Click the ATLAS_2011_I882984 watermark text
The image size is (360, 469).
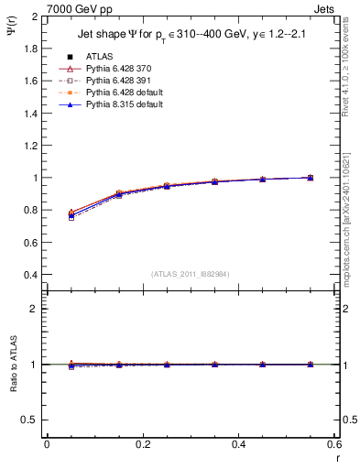click(x=190, y=274)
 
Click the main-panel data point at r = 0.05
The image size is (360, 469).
click(x=71, y=214)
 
